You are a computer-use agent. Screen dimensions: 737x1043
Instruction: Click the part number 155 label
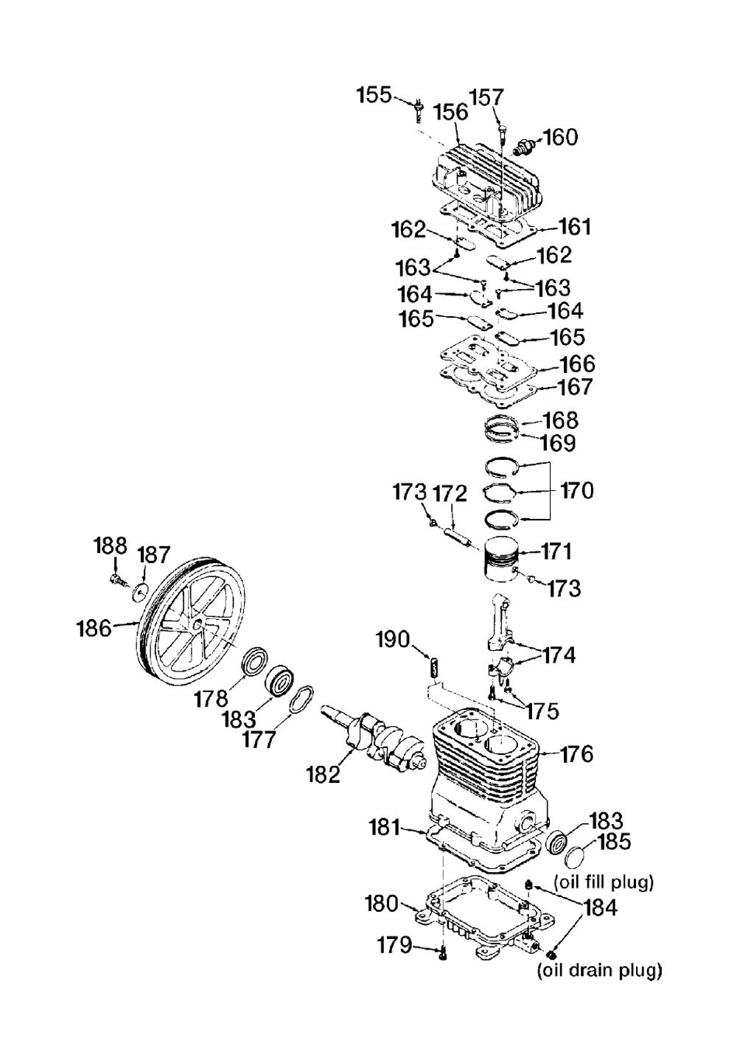click(374, 95)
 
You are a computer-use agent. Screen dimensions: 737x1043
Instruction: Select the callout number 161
click(573, 228)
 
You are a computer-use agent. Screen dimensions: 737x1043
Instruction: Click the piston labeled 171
click(502, 559)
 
